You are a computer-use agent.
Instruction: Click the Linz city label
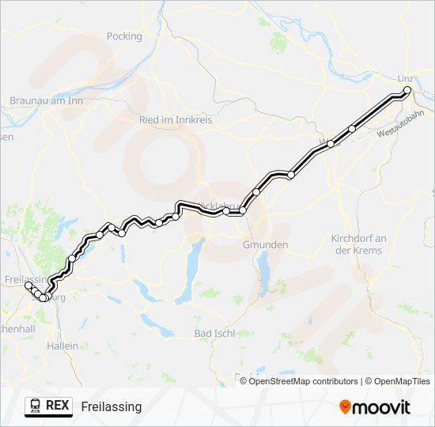click(x=403, y=78)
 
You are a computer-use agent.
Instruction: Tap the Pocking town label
click(x=124, y=36)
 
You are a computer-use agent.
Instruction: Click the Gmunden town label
click(x=265, y=245)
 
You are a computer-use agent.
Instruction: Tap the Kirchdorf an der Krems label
click(x=357, y=244)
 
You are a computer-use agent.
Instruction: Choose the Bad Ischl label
click(x=213, y=334)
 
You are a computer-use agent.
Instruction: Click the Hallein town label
click(x=62, y=346)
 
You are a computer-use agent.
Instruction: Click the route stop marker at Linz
click(x=408, y=91)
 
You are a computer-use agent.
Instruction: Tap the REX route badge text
click(x=57, y=405)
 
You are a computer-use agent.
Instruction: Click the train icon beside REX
click(x=36, y=406)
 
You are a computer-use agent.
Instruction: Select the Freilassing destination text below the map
click(x=111, y=406)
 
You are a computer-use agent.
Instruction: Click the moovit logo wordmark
click(x=383, y=407)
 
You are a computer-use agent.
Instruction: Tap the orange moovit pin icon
click(x=346, y=406)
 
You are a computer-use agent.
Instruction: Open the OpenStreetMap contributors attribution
click(x=304, y=381)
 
